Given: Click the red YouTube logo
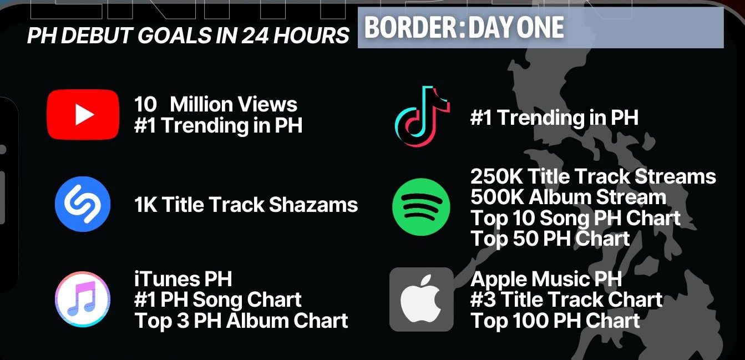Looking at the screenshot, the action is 83,114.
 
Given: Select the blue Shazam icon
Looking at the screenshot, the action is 83,204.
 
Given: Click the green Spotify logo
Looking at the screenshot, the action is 421,207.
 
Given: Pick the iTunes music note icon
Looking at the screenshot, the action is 83,299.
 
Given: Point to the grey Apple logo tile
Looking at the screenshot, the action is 422,299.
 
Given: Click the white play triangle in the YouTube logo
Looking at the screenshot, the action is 84,114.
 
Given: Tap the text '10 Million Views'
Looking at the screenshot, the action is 216,104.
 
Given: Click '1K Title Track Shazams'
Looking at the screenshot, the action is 246,204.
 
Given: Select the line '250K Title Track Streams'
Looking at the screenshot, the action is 593,176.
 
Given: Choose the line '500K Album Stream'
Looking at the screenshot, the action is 569,197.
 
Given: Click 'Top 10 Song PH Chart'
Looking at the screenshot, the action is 575,218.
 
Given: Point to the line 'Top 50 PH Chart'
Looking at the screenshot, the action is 550,239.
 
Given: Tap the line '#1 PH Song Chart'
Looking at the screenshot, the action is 218,300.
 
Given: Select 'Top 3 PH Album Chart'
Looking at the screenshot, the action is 241,321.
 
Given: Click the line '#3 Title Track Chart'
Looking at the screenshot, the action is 566,300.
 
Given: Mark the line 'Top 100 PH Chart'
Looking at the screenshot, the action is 555,321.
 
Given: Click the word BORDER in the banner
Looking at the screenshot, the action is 409,27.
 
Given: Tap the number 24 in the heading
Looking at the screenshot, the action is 255,36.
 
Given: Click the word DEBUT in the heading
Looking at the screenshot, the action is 97,36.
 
